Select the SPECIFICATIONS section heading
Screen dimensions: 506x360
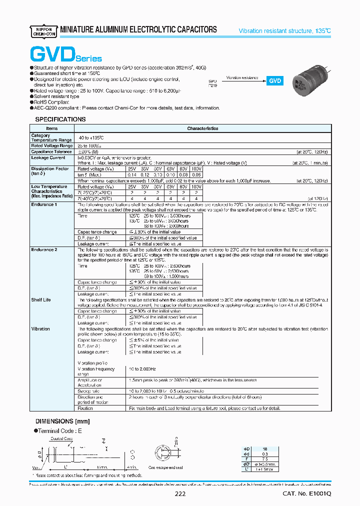(60, 119)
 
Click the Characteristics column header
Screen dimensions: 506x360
(202, 128)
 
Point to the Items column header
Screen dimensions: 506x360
(52, 128)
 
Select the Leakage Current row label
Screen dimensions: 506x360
(48, 157)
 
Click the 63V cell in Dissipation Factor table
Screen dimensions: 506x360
(169, 169)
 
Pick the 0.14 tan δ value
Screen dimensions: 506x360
(132, 174)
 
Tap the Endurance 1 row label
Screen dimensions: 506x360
(43, 204)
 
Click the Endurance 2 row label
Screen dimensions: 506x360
(43, 249)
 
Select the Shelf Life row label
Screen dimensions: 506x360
(41, 300)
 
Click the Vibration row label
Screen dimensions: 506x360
(40, 329)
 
